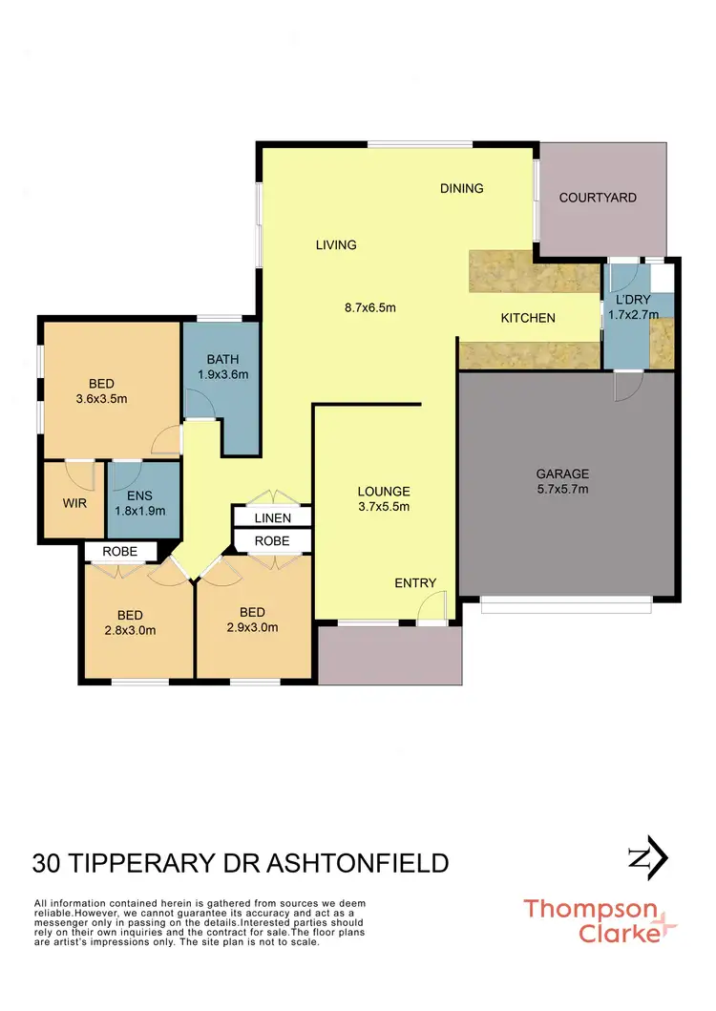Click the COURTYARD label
click(598, 198)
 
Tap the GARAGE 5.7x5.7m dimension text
click(562, 489)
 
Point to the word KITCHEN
click(528, 318)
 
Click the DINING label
click(462, 188)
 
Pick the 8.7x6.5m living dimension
click(370, 307)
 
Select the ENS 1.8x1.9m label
click(139, 503)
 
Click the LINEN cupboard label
click(273, 517)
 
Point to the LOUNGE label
click(384, 492)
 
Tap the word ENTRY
click(415, 583)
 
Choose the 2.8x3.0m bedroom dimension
click(130, 629)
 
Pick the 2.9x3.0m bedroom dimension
click(252, 627)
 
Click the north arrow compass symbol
click(645, 858)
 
